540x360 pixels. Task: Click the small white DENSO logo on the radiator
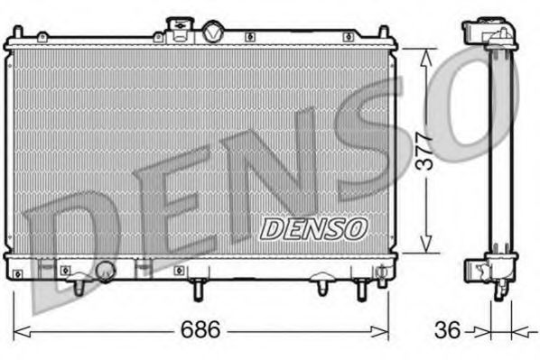313,228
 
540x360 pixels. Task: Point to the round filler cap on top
213,32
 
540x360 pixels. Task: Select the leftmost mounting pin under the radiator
79,286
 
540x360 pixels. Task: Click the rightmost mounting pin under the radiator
361,288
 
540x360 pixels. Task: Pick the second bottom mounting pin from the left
198,289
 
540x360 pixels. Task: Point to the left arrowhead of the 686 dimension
17,330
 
